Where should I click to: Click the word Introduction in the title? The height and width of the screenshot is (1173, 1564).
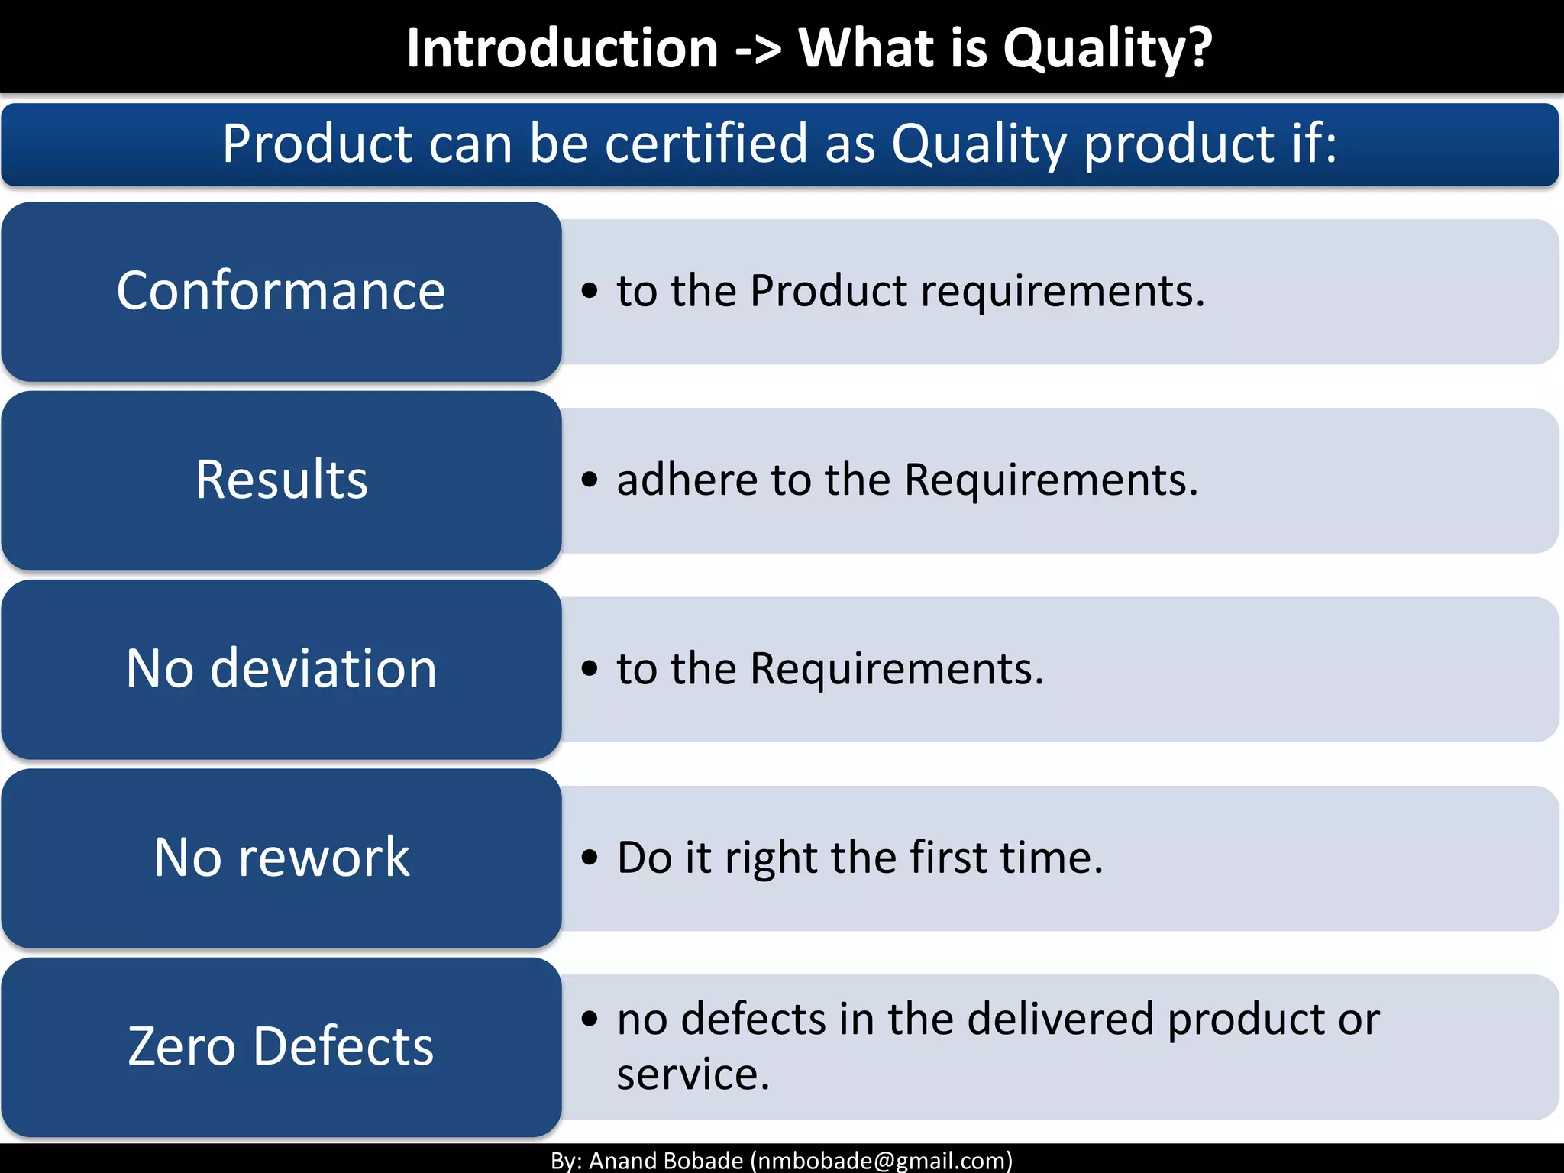click(562, 48)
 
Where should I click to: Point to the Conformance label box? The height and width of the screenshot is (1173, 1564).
click(281, 291)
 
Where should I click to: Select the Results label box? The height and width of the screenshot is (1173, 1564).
click(281, 480)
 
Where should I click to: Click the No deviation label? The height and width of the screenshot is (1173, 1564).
click(281, 668)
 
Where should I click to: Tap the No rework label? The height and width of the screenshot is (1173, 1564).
click(281, 857)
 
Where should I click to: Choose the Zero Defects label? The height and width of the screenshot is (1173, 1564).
click(281, 1045)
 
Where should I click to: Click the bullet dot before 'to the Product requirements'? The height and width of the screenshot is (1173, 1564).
click(589, 291)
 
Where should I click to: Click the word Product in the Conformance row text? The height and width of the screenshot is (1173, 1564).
click(829, 291)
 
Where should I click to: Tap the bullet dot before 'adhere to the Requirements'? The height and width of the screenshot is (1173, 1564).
click(589, 480)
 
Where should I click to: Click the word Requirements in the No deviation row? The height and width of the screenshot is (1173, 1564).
click(897, 669)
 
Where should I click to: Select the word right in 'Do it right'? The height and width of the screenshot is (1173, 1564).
click(772, 858)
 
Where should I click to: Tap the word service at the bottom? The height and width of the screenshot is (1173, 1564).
click(692, 1075)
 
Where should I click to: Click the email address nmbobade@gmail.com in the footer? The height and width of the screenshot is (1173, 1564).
click(881, 1161)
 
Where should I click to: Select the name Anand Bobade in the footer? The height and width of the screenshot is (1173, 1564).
click(666, 1161)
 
